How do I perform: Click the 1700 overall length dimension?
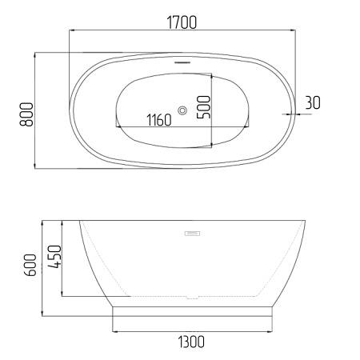tap(182, 22)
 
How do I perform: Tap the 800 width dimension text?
tap(26, 114)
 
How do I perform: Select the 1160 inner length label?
tap(159, 120)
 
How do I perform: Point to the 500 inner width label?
tap(203, 107)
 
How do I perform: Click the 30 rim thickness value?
tap(313, 102)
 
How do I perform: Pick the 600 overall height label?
tap(30, 265)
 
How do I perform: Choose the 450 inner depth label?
tap(54, 257)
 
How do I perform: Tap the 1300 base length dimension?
tap(191, 342)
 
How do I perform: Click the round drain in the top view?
tap(182, 110)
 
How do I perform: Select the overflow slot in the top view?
tap(182, 62)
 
